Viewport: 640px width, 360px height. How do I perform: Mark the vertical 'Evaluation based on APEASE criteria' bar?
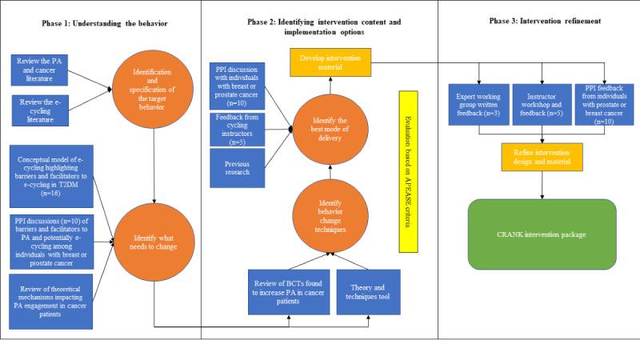pyautogui.click(x=406, y=170)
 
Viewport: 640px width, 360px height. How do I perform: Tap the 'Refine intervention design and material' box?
pyautogui.click(x=541, y=157)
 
